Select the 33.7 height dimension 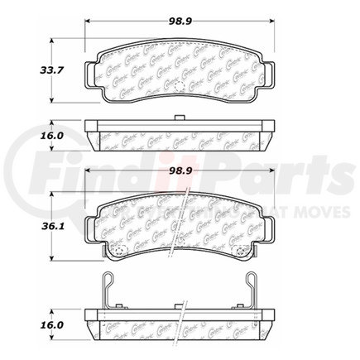point(30,70)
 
